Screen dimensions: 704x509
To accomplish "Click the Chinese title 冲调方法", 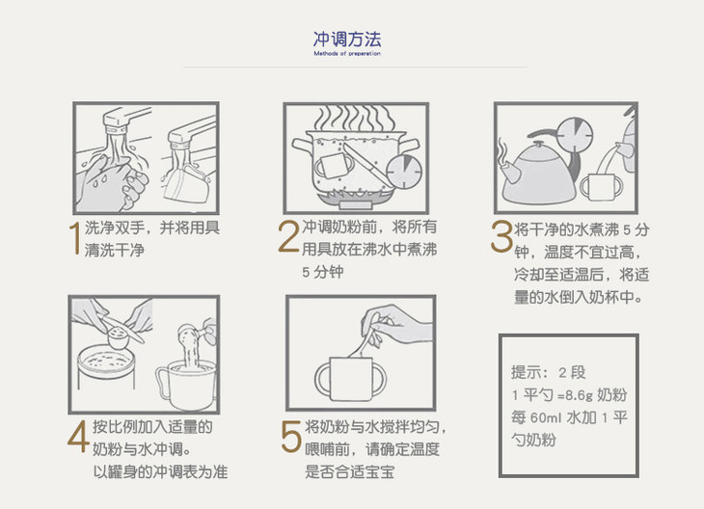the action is point(347,40).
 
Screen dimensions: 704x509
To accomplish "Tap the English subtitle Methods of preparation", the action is point(347,53).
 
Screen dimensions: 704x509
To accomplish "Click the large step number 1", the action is point(76,238).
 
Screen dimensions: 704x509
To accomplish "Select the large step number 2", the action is point(288,235).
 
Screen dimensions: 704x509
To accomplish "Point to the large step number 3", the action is point(501,235).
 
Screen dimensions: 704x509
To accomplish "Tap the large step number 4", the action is point(78,437).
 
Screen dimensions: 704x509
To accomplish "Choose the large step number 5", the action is point(291,437).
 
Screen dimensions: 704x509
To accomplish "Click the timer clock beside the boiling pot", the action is point(404,172).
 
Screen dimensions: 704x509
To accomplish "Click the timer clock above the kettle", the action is point(574,135).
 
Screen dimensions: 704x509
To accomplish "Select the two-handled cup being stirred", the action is point(351,378).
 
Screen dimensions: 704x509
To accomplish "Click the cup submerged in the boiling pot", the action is point(334,165).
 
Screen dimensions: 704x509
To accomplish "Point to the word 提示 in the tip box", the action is point(526,372).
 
